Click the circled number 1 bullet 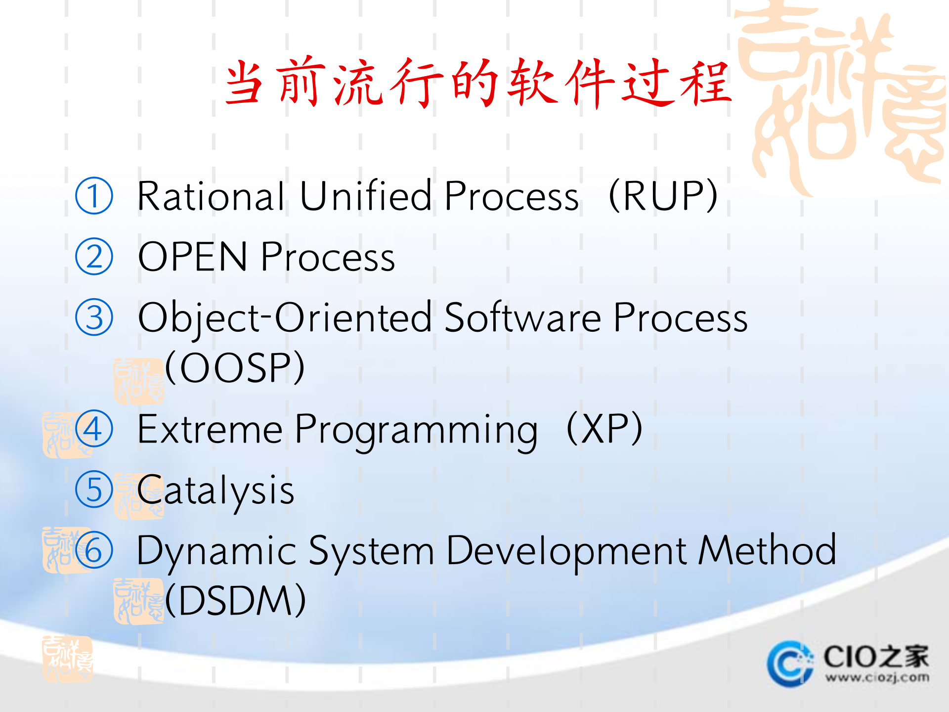[94, 196]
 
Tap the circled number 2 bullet [94, 257]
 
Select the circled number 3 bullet [94, 317]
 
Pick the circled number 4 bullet [94, 429]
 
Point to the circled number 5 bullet [94, 489]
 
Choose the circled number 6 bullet [94, 550]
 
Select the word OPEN [193, 257]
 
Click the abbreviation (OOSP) [235, 368]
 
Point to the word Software [523, 317]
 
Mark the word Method [767, 550]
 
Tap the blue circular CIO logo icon [789, 664]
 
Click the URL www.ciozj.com [877, 677]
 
